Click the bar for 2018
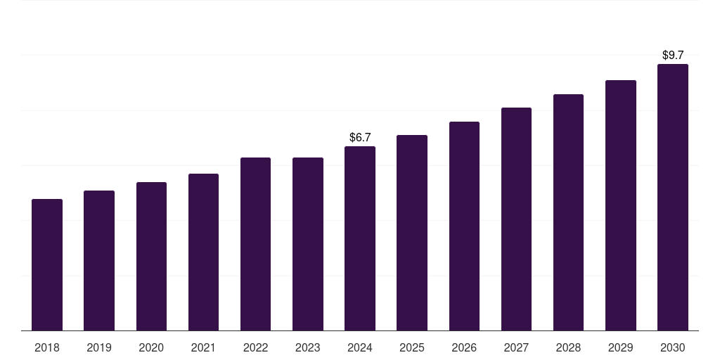point(47,265)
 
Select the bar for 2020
point(152,256)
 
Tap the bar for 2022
point(255,244)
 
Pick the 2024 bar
point(360,238)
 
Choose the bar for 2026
point(464,226)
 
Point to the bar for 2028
point(568,212)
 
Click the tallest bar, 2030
point(673,198)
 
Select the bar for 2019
point(99,260)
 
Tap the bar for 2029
point(621,205)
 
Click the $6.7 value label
point(360,137)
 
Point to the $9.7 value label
point(673,55)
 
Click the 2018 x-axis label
point(47,347)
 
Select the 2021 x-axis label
point(203,347)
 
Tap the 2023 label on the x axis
point(308,347)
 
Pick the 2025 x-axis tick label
point(412,347)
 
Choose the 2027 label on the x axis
point(516,347)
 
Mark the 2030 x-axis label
point(673,347)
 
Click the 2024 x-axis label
point(360,347)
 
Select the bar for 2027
point(516,219)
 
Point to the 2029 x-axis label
point(621,347)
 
